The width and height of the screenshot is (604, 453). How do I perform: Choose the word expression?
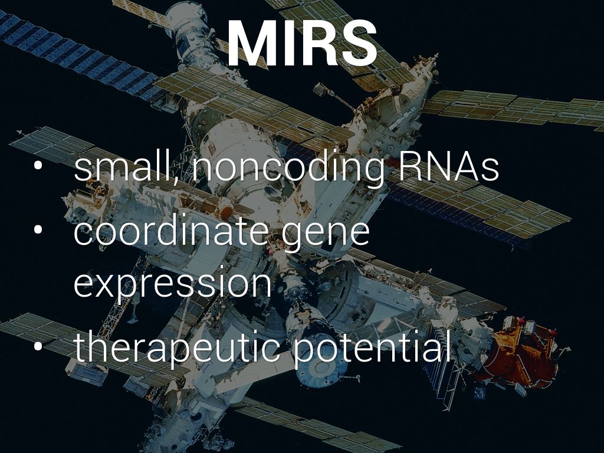tap(172, 284)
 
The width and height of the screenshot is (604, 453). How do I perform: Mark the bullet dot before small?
tap(38, 166)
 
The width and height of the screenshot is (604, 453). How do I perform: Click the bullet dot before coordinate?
tap(38, 230)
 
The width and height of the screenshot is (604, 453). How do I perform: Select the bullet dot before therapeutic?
tap(38, 346)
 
